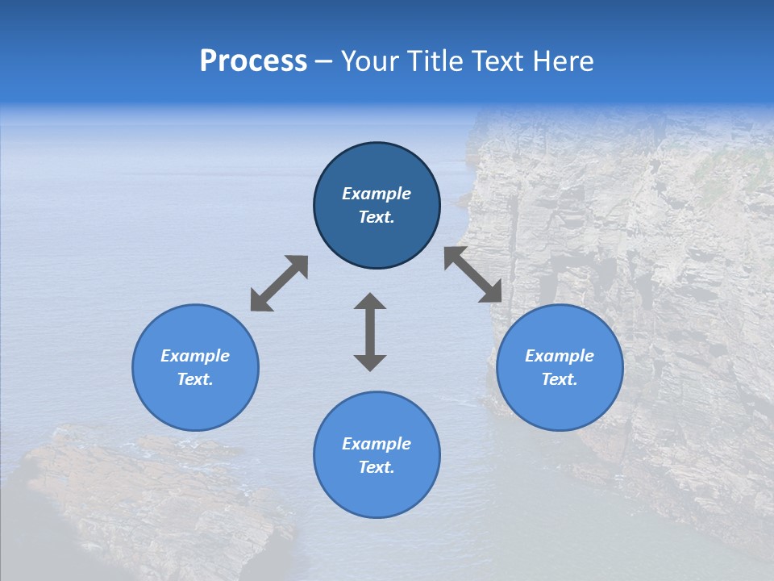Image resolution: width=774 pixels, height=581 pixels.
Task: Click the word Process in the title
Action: point(253,61)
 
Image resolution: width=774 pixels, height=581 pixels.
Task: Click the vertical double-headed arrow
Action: point(370,332)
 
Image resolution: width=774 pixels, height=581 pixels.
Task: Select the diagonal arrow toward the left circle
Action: point(279,283)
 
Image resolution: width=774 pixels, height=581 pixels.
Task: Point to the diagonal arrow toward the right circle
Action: point(473,275)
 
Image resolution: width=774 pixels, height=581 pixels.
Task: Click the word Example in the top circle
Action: point(377,194)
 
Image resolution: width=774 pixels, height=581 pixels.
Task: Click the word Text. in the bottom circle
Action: point(377,467)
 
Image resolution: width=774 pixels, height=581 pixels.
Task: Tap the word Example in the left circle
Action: point(195,356)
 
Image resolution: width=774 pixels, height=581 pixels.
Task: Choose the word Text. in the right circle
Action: point(560,379)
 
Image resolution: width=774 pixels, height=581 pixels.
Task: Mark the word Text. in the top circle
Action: point(377,217)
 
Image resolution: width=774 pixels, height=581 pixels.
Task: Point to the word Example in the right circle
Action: point(560,356)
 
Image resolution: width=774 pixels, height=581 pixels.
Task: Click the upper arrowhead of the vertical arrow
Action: point(370,303)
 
